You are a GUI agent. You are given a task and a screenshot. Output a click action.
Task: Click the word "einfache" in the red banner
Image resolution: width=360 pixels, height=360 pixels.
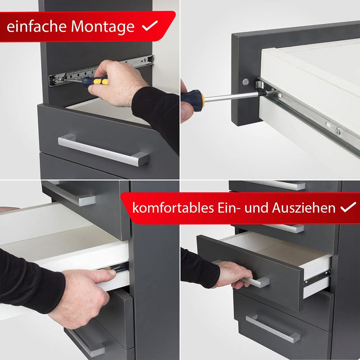point(37,26)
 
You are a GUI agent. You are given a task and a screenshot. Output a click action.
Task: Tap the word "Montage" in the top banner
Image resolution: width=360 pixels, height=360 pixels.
point(103,27)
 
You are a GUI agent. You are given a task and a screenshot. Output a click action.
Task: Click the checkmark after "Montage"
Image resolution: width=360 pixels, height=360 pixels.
point(150,25)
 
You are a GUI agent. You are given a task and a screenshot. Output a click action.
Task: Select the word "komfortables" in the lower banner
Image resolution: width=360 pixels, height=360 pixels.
point(173,208)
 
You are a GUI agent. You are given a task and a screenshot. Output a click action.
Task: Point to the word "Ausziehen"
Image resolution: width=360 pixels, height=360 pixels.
point(304,208)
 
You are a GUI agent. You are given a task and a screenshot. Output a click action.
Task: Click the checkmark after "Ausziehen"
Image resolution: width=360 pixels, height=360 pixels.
point(348,207)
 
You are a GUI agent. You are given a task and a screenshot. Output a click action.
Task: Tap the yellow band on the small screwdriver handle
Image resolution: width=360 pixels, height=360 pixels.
point(101,81)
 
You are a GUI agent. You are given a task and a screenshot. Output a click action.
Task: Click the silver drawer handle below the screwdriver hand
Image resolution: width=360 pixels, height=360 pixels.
point(103,150)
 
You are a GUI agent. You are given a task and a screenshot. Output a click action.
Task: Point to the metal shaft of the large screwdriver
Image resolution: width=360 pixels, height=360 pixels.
point(231,97)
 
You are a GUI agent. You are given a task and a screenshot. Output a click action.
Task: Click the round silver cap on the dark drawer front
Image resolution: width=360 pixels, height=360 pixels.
point(245,81)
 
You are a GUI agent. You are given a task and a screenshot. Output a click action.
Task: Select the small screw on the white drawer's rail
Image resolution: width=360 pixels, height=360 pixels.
point(338,132)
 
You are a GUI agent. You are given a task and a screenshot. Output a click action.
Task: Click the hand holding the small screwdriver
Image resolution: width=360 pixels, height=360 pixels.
point(117,83)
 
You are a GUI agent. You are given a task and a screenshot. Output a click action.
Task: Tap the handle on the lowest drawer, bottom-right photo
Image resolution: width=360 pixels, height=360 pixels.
point(273,329)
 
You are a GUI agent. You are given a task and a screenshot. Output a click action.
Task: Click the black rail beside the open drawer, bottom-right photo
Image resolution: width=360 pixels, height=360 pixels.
point(317,277)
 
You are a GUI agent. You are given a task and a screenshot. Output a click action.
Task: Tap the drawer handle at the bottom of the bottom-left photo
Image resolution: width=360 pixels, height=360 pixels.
point(86,343)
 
